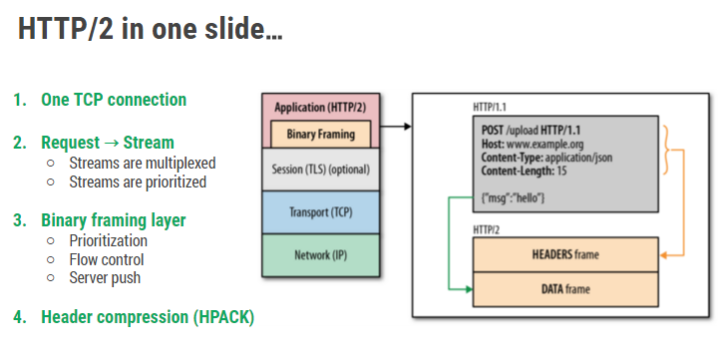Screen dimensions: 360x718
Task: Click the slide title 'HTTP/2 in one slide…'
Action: click(x=150, y=29)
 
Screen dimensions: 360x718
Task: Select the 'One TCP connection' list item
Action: click(x=113, y=100)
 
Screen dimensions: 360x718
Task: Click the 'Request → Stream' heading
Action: click(x=107, y=143)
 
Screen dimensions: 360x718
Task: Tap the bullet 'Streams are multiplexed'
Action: click(x=142, y=163)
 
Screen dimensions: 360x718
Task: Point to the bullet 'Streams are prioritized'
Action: click(x=137, y=181)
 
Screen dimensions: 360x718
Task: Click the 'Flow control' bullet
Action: click(x=109, y=259)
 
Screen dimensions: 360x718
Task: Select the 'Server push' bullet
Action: click(x=105, y=278)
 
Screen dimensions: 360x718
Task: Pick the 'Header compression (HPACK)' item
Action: click(x=147, y=317)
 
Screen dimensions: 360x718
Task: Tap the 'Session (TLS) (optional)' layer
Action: click(x=320, y=169)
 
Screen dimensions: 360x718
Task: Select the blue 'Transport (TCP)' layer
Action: click(x=320, y=212)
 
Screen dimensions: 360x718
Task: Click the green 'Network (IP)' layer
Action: click(x=320, y=254)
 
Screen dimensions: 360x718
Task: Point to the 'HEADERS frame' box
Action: click(x=564, y=254)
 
